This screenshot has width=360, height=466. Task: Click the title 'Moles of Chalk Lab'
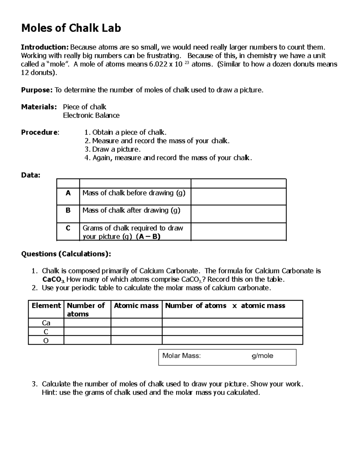pyautogui.click(x=71, y=28)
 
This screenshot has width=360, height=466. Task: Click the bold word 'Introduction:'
pyautogui.click(x=45, y=47)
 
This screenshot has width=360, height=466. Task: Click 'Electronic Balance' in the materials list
pyautogui.click(x=91, y=116)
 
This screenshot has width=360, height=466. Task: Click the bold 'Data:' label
pyautogui.click(x=31, y=175)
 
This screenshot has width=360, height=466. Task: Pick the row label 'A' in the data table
pyautogui.click(x=68, y=193)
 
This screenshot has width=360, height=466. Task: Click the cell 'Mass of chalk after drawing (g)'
pyautogui.click(x=131, y=210)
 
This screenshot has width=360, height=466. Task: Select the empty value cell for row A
pyautogui.click(x=238, y=197)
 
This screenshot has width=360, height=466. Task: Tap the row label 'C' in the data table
pyautogui.click(x=68, y=228)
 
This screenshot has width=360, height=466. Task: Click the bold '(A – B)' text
pyautogui.click(x=148, y=237)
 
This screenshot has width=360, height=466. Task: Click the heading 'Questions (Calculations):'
pyautogui.click(x=66, y=254)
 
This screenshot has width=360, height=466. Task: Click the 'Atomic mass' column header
pyautogui.click(x=136, y=306)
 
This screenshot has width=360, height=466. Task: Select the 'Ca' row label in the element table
pyautogui.click(x=46, y=323)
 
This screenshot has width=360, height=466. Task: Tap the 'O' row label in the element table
pyautogui.click(x=46, y=341)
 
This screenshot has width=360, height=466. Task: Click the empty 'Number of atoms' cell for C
pyautogui.click(x=87, y=332)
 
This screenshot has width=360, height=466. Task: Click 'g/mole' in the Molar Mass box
pyautogui.click(x=262, y=356)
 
